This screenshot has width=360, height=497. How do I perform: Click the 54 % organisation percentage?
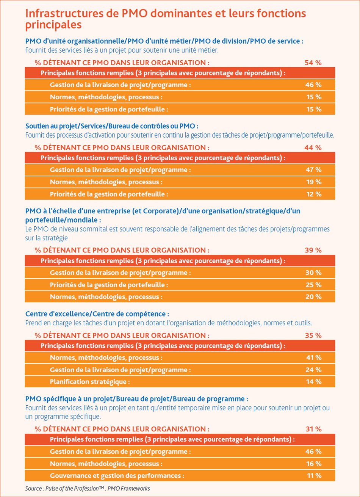coord(313,63)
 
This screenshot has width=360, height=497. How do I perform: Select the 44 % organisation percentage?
coord(313,147)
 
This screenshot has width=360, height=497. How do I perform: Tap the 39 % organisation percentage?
coord(313,250)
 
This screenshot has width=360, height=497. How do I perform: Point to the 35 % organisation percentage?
coord(313,336)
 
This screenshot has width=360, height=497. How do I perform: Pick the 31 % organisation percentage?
coord(314,429)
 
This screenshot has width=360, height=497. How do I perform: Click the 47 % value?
coord(314,170)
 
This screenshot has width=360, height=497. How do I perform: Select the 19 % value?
coord(314,182)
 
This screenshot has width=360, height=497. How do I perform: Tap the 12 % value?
coord(314,194)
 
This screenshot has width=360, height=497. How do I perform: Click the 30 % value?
coord(313,273)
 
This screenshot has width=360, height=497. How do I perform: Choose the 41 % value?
coord(314,357)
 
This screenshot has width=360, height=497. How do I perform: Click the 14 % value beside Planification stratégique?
coord(314,382)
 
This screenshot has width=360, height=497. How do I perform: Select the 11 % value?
coord(314,475)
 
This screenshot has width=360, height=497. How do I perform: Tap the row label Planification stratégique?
coord(90,382)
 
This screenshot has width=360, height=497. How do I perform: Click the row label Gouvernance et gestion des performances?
coord(117,476)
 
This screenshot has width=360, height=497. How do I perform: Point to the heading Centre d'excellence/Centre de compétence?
coord(97,314)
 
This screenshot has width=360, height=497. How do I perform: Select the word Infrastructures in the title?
coord(64,13)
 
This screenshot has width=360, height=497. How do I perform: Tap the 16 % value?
coord(314,464)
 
